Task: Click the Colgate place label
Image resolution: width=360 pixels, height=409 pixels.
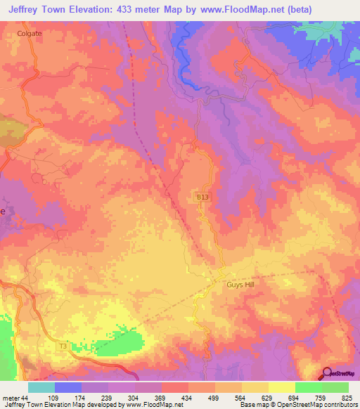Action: click(30, 32)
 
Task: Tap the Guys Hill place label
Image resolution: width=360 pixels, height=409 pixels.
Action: click(242, 285)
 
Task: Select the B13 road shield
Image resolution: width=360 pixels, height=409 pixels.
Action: click(202, 200)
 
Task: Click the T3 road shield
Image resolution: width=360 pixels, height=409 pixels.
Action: click(63, 346)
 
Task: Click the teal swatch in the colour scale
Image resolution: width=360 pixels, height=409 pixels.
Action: click(41, 387)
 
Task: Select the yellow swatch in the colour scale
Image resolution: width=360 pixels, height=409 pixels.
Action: click(281, 387)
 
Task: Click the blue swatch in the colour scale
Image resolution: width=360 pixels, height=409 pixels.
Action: click(68, 387)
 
